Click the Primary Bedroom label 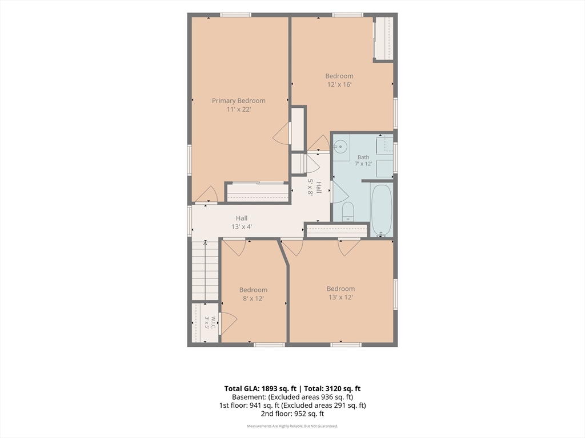pyautogui.click(x=239, y=100)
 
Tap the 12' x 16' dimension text pyautogui.click(x=339, y=84)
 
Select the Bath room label pyautogui.click(x=363, y=157)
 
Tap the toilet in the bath pyautogui.click(x=348, y=212)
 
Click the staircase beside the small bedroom pyautogui.click(x=205, y=270)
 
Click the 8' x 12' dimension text pyautogui.click(x=253, y=299)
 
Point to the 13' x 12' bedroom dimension pyautogui.click(x=340, y=297)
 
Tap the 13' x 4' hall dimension pyautogui.click(x=242, y=226)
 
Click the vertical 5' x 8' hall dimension pyautogui.click(x=310, y=186)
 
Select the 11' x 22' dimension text pyautogui.click(x=239, y=109)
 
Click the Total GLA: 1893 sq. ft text pyautogui.click(x=260, y=388)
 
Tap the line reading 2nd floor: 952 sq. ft pyautogui.click(x=292, y=413)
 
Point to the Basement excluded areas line pyautogui.click(x=292, y=397)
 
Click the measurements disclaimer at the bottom pyautogui.click(x=292, y=426)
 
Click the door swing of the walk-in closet pyautogui.click(x=229, y=323)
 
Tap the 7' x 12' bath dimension pyautogui.click(x=363, y=164)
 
